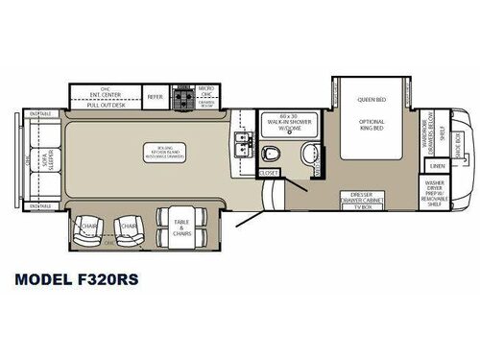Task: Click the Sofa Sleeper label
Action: pos(42,158)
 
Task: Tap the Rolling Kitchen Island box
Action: pos(157,154)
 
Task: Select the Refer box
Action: pos(155,95)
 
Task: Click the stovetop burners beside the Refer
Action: pos(182,97)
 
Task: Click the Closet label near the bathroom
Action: pos(269,174)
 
